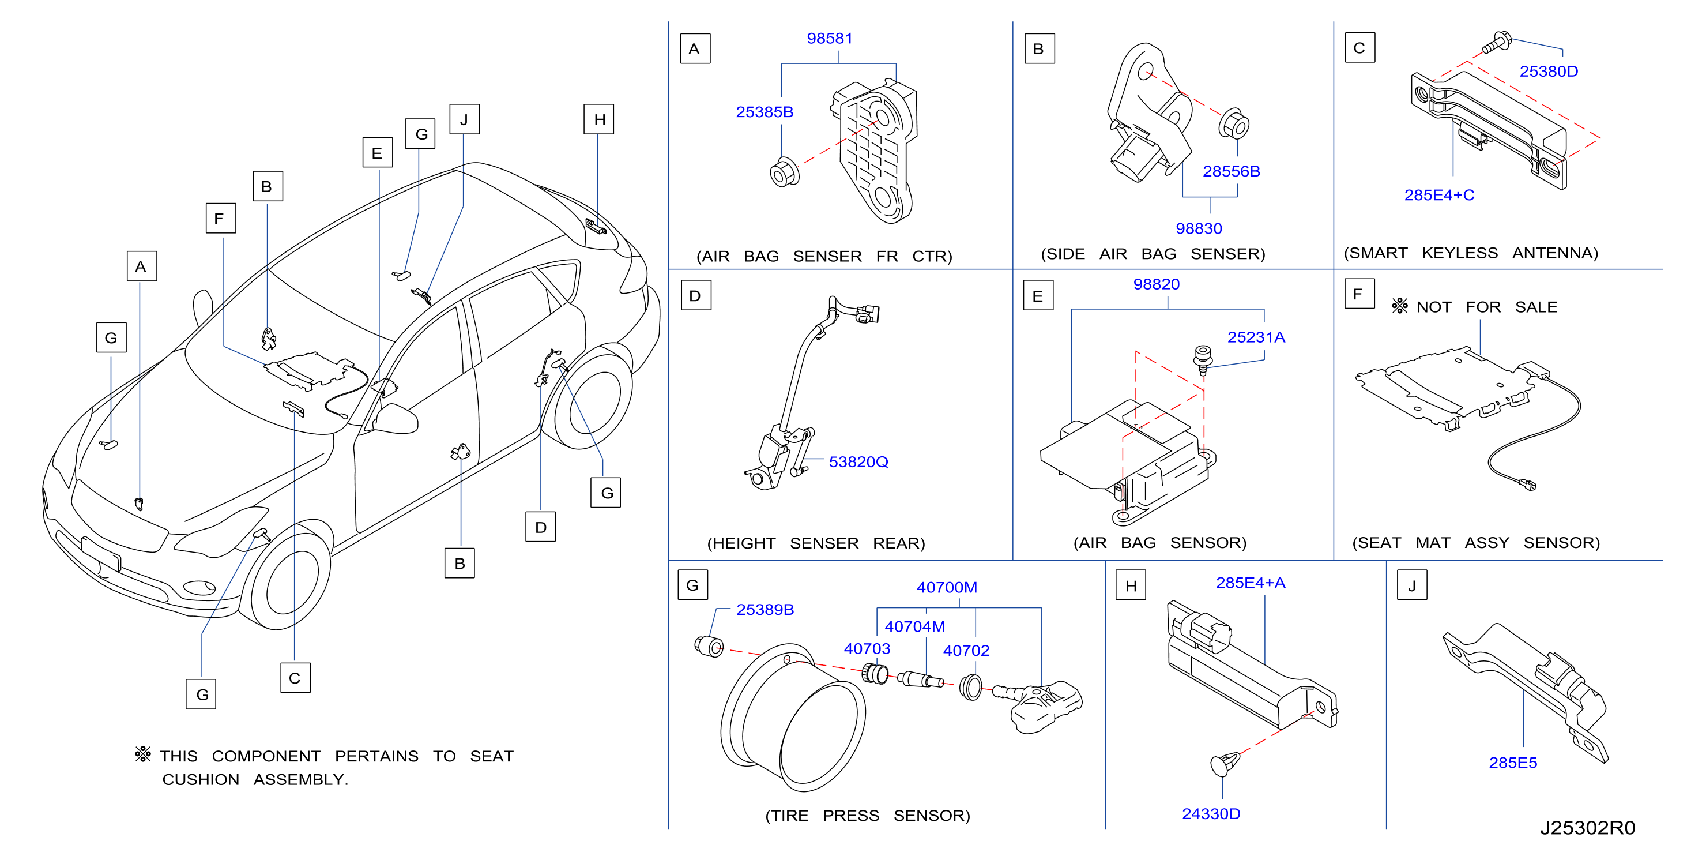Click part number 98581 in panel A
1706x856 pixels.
coord(829,39)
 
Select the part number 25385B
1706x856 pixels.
coord(765,112)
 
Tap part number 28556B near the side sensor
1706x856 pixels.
coord(1231,171)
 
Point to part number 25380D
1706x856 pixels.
coord(1549,71)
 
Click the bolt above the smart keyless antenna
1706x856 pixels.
coord(1496,43)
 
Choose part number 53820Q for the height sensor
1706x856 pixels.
coord(858,462)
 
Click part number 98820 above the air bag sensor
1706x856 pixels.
coord(1157,284)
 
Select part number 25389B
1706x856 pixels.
coord(765,610)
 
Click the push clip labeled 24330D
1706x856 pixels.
coord(1225,764)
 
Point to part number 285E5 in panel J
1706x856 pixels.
coord(1513,763)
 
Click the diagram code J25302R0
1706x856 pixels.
coord(1587,828)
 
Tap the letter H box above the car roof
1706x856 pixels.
coord(598,119)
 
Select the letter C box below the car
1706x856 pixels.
coord(295,678)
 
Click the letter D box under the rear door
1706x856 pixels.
coord(540,527)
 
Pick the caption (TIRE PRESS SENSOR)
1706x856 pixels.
coord(868,816)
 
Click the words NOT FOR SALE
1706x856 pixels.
coord(1487,307)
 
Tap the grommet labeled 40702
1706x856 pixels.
coord(971,687)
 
